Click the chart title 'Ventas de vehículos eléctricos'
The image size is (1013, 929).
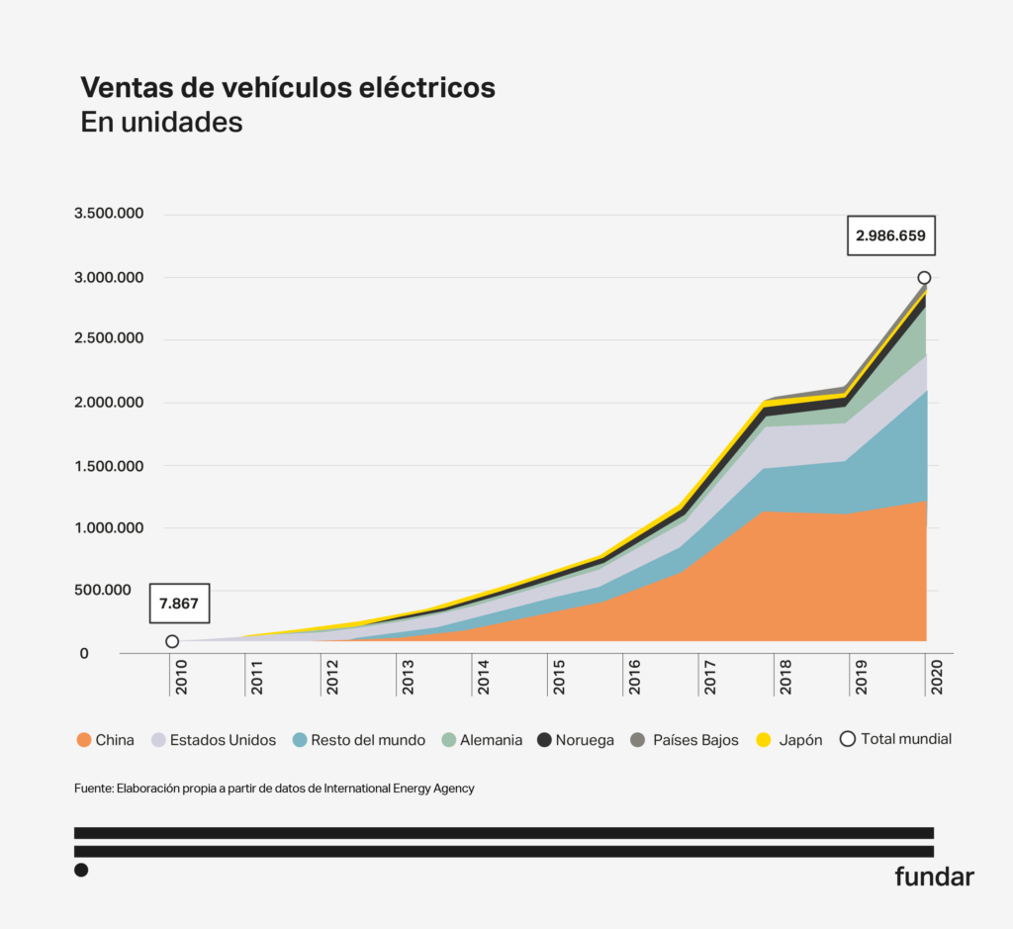(x=288, y=87)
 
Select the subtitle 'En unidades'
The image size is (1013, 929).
(x=161, y=123)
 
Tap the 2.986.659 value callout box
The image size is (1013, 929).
(x=890, y=236)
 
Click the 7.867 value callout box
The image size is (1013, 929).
(x=179, y=603)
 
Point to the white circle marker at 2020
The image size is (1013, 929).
(x=924, y=278)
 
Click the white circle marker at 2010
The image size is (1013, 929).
(x=172, y=641)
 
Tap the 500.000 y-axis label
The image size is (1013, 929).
(x=111, y=591)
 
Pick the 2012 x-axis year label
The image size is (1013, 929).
(x=331, y=676)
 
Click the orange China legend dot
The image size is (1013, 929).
(x=83, y=740)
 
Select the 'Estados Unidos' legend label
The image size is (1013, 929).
(x=223, y=740)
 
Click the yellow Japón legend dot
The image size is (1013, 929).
(x=762, y=740)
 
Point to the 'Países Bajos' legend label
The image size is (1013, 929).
(x=695, y=740)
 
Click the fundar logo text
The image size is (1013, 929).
(x=934, y=876)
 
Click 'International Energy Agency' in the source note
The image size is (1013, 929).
(x=399, y=789)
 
